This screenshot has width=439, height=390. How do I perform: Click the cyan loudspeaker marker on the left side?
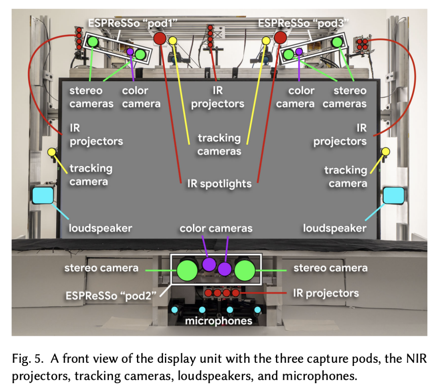[x=43, y=195]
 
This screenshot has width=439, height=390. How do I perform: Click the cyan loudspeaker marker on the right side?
[x=393, y=195]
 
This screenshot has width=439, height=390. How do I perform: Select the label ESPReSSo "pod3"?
[x=304, y=23]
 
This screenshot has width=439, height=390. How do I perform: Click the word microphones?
[x=218, y=321]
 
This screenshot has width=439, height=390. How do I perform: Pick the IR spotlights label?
[x=219, y=184]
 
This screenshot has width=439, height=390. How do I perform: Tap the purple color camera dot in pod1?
[x=130, y=52]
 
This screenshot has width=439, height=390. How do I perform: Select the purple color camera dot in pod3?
[x=299, y=51]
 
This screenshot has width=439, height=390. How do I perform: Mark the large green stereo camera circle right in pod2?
[x=245, y=269]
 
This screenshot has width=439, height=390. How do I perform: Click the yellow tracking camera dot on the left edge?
[x=52, y=152]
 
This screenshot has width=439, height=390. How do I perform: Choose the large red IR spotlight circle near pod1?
[x=159, y=39]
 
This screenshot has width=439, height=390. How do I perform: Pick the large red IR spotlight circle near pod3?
[x=280, y=38]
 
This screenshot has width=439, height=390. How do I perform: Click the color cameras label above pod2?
[x=216, y=228]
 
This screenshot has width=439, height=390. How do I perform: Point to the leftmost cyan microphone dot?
[x=176, y=310]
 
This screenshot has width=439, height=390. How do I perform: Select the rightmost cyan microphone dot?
[x=257, y=310]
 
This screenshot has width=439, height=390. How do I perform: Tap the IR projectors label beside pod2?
[x=326, y=293]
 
